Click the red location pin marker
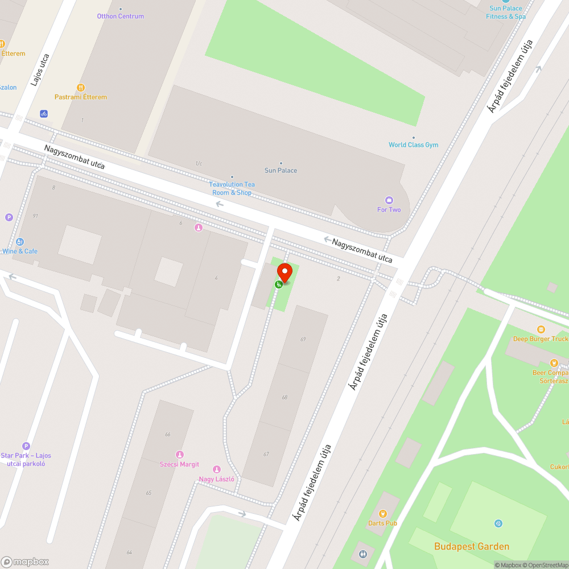[284, 273]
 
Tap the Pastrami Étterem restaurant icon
[81, 88]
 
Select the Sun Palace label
[281, 171]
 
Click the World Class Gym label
[414, 145]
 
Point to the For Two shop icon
[389, 200]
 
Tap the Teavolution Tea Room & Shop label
[232, 188]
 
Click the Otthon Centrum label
[121, 16]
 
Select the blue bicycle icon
[44, 114]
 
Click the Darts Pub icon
[382, 514]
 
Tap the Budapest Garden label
[472, 546]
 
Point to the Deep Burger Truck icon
[541, 329]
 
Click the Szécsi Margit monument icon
[179, 454]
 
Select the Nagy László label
[216, 479]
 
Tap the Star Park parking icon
[26, 446]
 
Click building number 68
[284, 397]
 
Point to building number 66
[168, 434]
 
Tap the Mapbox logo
[25, 562]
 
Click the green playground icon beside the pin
[279, 284]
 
